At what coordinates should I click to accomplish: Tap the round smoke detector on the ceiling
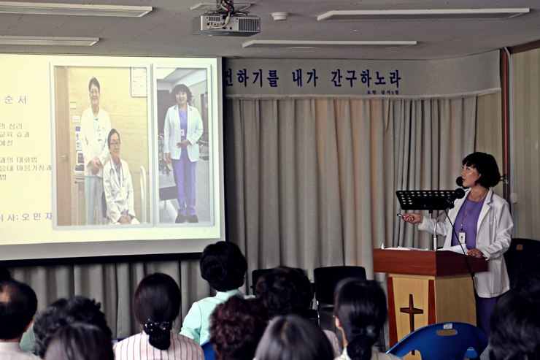279,16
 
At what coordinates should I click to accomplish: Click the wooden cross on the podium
412,310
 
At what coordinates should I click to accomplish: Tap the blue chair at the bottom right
441,341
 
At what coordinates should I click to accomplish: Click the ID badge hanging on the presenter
462,237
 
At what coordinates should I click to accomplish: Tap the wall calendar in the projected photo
139,82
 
